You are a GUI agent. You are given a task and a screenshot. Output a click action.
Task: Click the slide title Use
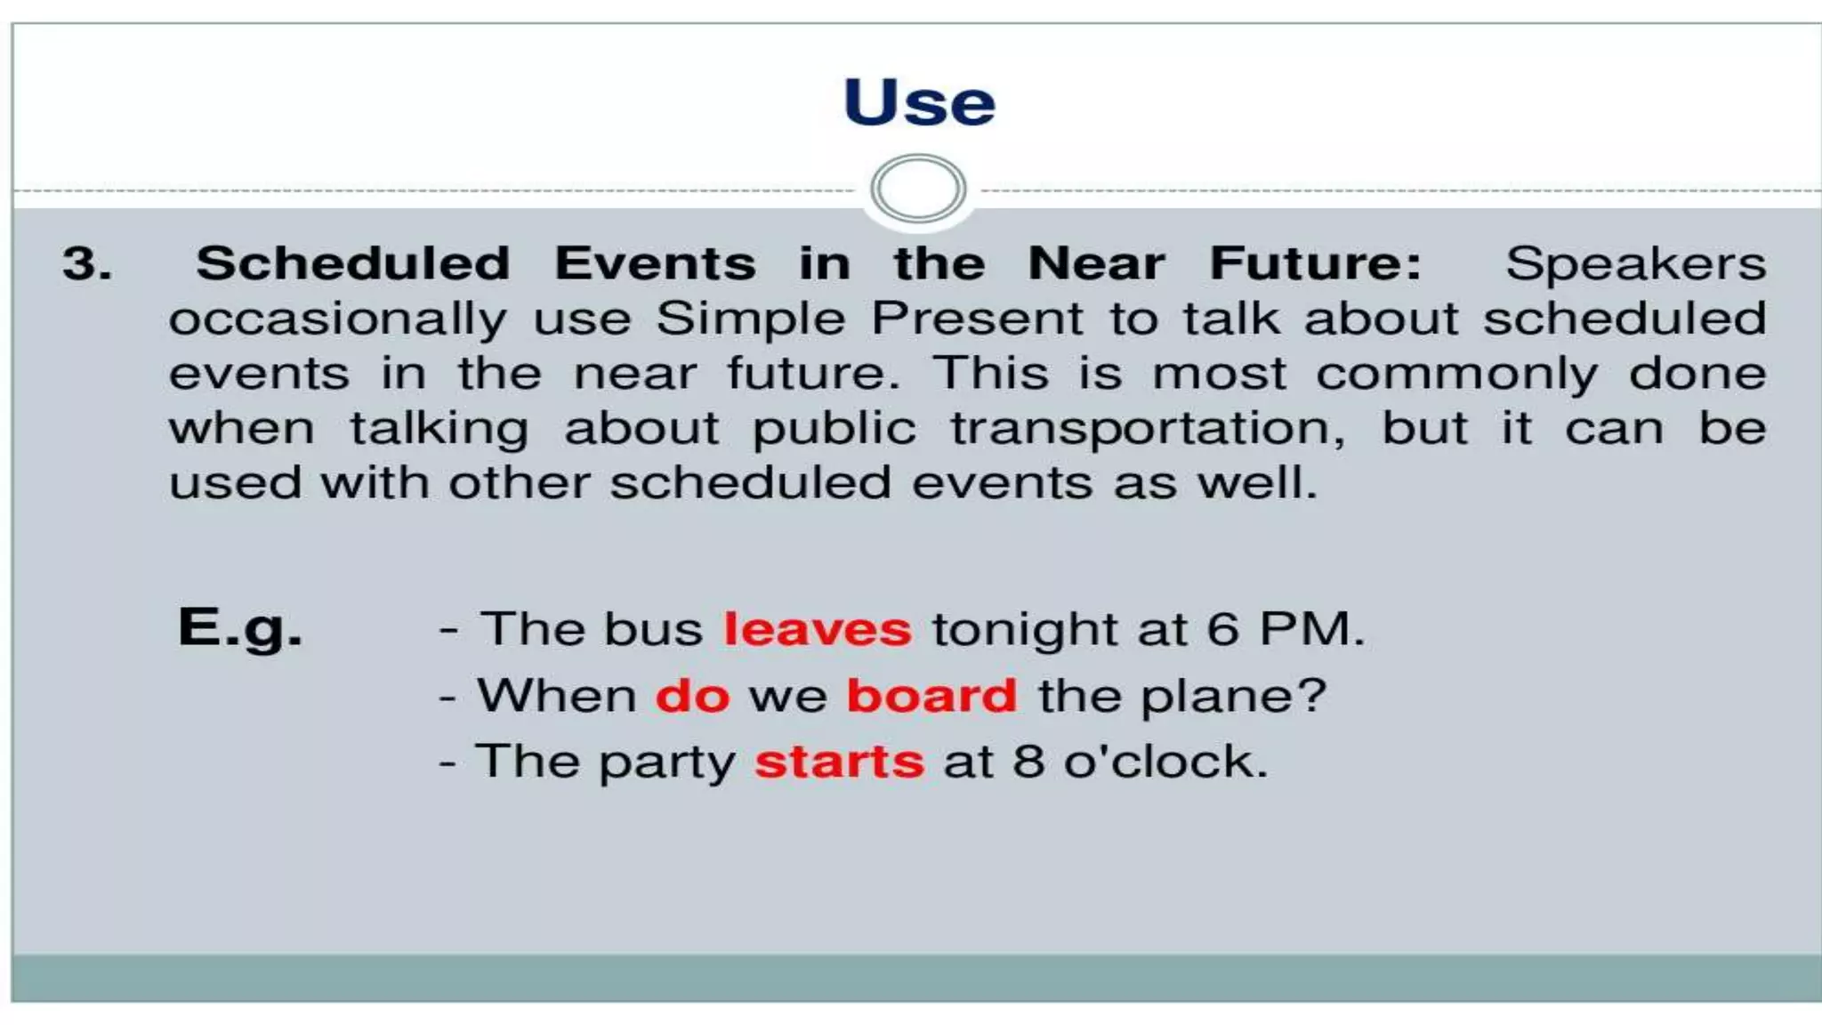click(x=918, y=103)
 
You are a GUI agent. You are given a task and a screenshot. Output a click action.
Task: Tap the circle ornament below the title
click(x=918, y=189)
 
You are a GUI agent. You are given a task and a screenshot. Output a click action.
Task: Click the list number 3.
click(x=87, y=264)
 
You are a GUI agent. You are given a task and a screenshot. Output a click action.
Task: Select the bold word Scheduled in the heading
click(x=353, y=264)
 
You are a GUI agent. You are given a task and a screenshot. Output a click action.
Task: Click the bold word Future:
click(x=1315, y=264)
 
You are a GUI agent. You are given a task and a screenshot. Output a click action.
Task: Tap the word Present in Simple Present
click(x=976, y=319)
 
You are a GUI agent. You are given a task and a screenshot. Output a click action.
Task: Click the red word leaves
click(x=817, y=629)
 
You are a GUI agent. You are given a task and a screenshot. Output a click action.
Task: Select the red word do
click(x=692, y=696)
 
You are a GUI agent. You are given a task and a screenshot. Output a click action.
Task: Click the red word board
click(x=931, y=696)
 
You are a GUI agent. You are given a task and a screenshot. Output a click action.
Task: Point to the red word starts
click(x=839, y=763)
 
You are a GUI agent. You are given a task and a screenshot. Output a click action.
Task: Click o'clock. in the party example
click(x=1165, y=763)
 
